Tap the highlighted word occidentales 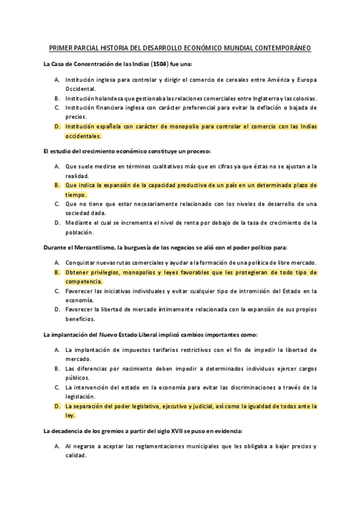84,136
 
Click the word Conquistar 82,263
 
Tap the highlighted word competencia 84,281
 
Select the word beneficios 81,319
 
